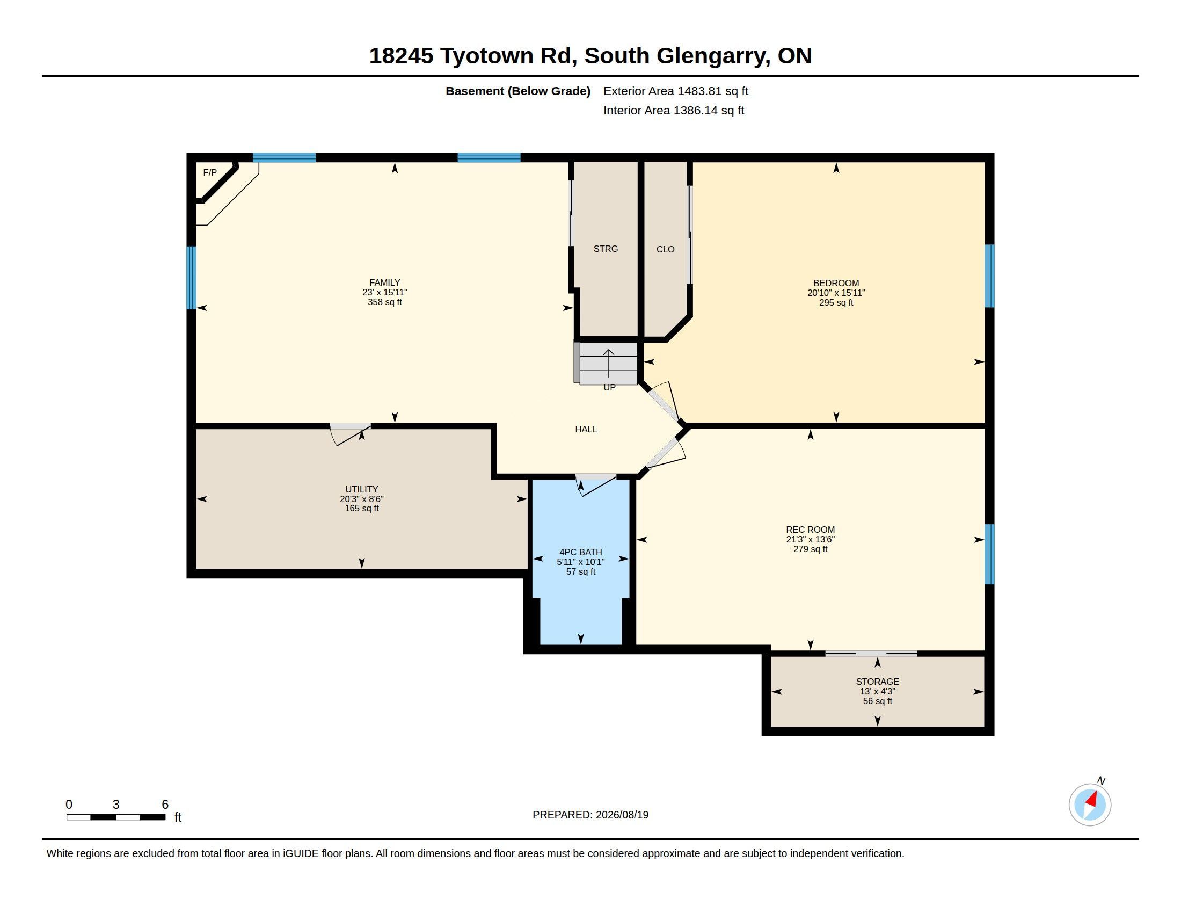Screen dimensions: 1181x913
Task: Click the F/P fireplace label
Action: (x=210, y=172)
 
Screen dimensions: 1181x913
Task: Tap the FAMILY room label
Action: (x=384, y=282)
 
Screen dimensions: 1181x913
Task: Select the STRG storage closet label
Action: (x=606, y=249)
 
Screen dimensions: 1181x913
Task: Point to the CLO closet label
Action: (x=665, y=249)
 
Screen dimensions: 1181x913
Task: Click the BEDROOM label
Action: (x=836, y=283)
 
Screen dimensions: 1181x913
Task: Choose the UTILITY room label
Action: (x=362, y=489)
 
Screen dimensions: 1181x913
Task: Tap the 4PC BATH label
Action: (x=581, y=552)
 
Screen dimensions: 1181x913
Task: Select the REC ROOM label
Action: (x=810, y=530)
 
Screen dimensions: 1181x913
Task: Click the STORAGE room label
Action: (x=877, y=682)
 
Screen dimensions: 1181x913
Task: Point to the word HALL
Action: (x=586, y=430)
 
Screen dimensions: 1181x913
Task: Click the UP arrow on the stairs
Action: (x=609, y=363)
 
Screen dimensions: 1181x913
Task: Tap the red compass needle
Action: (x=1091, y=800)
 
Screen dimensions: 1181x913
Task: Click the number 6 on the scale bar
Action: (x=165, y=805)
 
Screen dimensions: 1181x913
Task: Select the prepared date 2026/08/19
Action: (x=622, y=815)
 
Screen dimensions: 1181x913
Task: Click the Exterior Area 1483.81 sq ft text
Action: (x=676, y=91)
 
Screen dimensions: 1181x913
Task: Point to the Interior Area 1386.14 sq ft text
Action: (x=674, y=110)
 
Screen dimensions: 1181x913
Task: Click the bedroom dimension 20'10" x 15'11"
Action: (x=836, y=293)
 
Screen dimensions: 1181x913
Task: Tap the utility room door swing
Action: (x=351, y=435)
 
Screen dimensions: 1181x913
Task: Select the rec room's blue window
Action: (x=989, y=554)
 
